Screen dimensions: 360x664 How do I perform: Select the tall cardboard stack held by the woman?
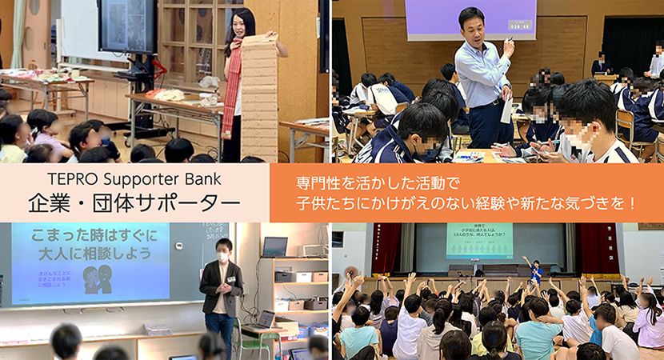[259, 96]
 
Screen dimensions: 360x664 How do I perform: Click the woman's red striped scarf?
[232, 88]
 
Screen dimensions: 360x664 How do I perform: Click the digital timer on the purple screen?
[520, 25]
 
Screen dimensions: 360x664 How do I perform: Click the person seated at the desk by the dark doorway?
[600, 64]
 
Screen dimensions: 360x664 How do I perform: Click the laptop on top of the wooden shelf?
[274, 246]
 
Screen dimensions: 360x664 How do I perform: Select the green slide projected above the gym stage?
[479, 241]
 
